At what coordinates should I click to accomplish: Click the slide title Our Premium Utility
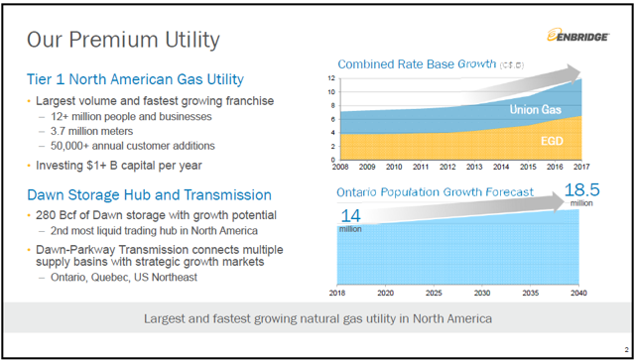[x=123, y=41]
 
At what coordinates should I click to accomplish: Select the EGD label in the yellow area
[x=552, y=142]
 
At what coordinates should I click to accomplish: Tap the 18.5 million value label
[x=582, y=190]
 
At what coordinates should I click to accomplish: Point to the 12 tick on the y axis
[x=330, y=77]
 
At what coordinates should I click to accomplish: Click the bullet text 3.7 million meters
[x=95, y=131]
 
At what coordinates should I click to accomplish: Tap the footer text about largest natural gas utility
[x=317, y=319]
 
